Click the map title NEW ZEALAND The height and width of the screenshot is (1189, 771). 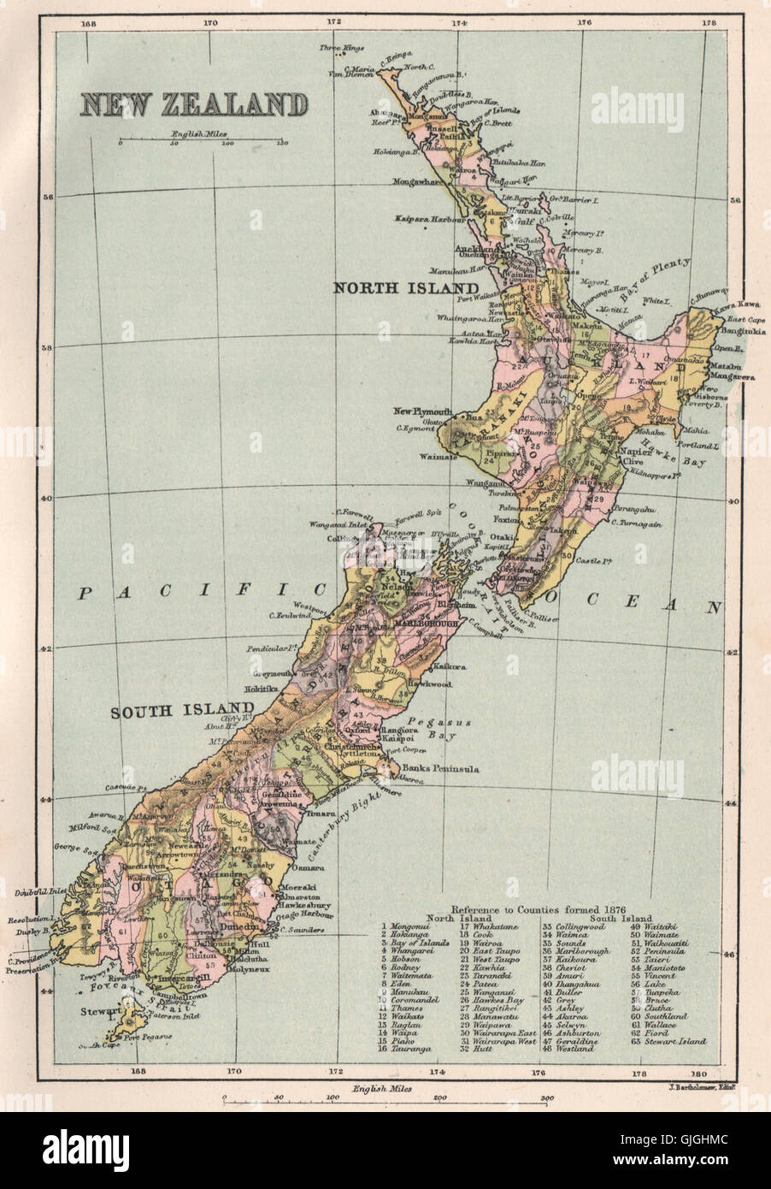coord(194,104)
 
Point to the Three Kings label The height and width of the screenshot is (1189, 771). coord(334,48)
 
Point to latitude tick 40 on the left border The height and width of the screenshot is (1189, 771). coord(48,499)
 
